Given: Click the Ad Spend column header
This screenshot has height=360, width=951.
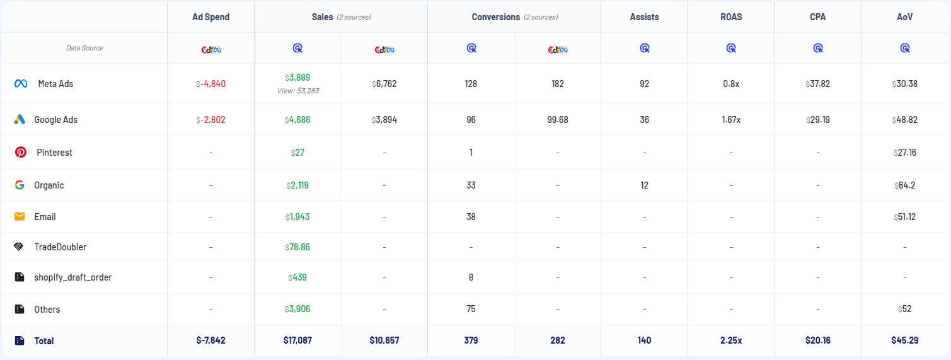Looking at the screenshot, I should [x=210, y=17].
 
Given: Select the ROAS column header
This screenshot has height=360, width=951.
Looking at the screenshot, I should [x=731, y=17].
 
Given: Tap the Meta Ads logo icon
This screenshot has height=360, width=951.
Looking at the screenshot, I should [x=21, y=84].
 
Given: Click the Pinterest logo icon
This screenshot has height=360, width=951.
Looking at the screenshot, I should [x=21, y=153].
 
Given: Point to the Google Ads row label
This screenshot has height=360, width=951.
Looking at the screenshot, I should [x=55, y=120].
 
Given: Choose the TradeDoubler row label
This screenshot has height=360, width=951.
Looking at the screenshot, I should [x=60, y=247].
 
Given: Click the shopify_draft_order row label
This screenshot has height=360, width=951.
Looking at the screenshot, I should [x=72, y=277].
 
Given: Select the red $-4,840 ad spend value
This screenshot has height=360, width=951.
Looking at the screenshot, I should [x=210, y=84].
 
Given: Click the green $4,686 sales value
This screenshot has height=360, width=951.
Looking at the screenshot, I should [x=297, y=120].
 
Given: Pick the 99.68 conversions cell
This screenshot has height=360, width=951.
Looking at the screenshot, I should [x=558, y=120].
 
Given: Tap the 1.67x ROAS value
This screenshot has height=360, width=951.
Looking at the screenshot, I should [x=731, y=120].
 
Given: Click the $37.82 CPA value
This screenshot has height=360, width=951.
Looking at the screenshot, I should [x=817, y=84].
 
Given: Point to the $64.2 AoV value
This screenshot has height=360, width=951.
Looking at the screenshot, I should [x=904, y=185].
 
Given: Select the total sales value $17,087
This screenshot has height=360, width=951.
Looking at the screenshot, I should [x=297, y=340].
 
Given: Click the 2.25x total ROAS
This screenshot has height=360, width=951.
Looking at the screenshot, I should [x=731, y=340].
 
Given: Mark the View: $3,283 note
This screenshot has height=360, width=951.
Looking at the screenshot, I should [x=297, y=91].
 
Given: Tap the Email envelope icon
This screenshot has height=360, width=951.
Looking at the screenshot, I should [x=20, y=217].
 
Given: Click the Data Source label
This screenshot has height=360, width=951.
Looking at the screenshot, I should [x=84, y=48].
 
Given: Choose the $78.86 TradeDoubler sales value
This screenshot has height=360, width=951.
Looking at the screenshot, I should [x=297, y=247].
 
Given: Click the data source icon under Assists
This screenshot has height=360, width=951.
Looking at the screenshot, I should [x=644, y=48].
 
